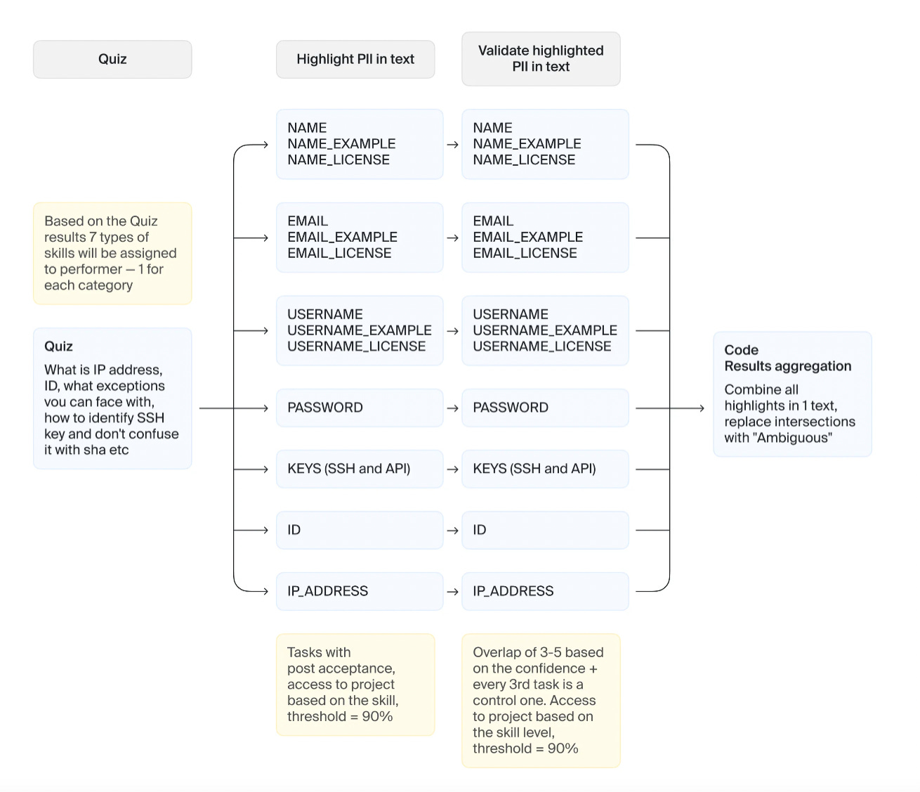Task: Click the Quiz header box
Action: (112, 59)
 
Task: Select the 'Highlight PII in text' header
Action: (355, 59)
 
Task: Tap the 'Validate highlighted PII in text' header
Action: (541, 59)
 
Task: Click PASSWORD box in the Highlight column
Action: (360, 408)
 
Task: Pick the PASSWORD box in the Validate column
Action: (545, 408)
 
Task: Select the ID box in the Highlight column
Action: (360, 530)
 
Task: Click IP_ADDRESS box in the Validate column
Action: (545, 591)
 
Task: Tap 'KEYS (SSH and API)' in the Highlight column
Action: (349, 469)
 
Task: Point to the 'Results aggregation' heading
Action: (777, 366)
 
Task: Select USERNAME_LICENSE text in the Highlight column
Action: (356, 346)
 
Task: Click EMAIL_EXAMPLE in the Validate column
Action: (527, 237)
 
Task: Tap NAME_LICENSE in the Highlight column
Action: (338, 160)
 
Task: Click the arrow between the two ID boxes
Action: (452, 531)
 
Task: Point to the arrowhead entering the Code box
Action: (700, 408)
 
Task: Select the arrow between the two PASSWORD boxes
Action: (452, 408)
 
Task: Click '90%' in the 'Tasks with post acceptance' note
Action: (377, 716)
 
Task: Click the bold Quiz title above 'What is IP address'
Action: (58, 346)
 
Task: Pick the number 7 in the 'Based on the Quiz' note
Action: (93, 237)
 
